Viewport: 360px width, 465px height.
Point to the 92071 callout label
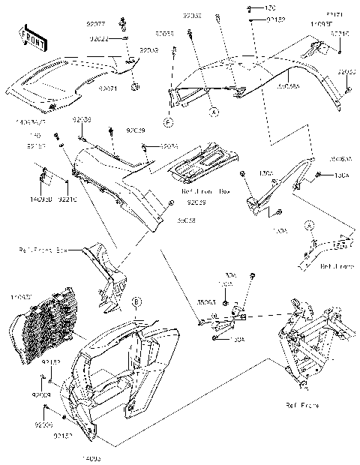(109, 88)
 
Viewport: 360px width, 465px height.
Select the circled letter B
(136, 301)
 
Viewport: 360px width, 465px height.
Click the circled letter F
(170, 121)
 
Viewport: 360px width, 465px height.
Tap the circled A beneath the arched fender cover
(214, 111)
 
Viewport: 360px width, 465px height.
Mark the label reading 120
(270, 7)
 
